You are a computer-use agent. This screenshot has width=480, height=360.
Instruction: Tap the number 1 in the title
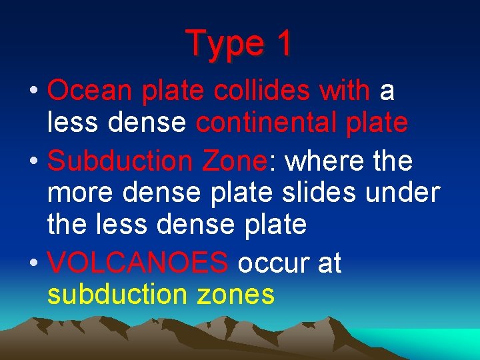click(x=283, y=43)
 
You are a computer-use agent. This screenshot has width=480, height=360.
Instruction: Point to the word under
click(x=407, y=192)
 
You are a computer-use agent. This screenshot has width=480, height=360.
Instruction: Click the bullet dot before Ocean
click(x=33, y=91)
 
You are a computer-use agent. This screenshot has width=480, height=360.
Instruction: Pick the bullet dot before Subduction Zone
click(x=33, y=161)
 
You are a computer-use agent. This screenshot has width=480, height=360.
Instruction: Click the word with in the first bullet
click(x=344, y=91)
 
